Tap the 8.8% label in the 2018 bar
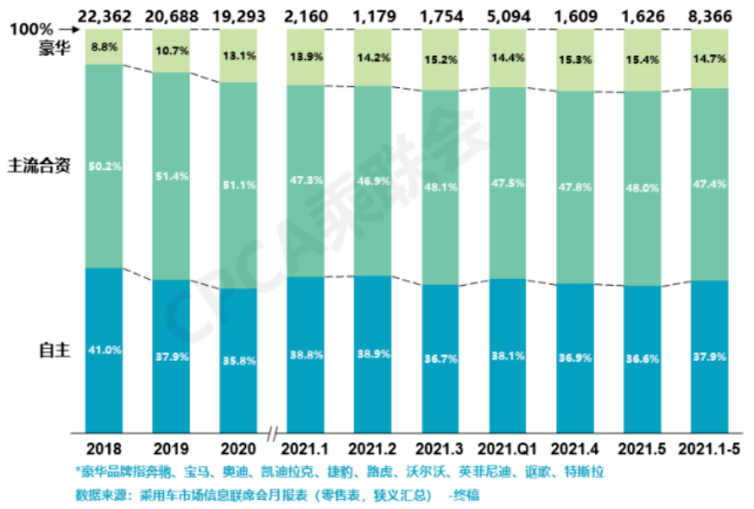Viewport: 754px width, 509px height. point(105,48)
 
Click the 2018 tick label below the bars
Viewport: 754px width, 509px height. point(105,448)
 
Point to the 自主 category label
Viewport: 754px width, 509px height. point(52,348)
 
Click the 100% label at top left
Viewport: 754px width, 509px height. point(27,30)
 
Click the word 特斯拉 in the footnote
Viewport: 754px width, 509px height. point(587,470)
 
